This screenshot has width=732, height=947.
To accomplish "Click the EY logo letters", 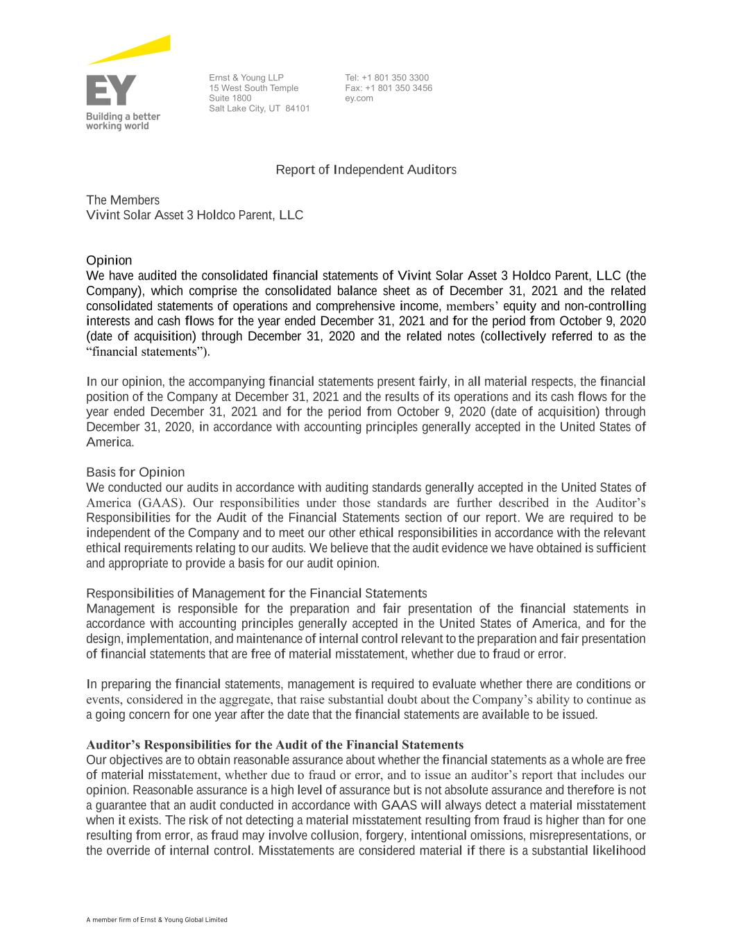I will [x=111, y=91].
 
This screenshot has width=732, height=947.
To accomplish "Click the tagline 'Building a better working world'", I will [x=123, y=121].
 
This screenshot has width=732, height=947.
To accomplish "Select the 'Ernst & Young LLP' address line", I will [x=246, y=78].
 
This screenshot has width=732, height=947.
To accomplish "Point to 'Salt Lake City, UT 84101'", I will [x=259, y=108].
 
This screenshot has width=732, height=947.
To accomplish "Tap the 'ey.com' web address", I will [x=359, y=98].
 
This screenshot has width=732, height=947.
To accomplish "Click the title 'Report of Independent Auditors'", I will [x=366, y=170].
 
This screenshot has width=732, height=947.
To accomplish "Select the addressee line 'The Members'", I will [x=123, y=201].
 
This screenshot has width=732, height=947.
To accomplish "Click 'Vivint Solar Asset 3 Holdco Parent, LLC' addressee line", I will [x=194, y=215].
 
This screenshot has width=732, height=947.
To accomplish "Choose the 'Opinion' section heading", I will [x=109, y=261].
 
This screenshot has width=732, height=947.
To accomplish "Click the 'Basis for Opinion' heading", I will [x=135, y=472].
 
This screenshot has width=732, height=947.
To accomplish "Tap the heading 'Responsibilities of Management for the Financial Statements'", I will [x=256, y=593].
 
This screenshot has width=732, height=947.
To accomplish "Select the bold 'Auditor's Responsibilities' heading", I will [x=275, y=745].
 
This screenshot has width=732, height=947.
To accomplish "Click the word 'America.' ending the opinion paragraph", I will [x=110, y=442].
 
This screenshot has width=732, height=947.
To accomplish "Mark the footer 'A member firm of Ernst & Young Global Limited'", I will [x=157, y=920].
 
